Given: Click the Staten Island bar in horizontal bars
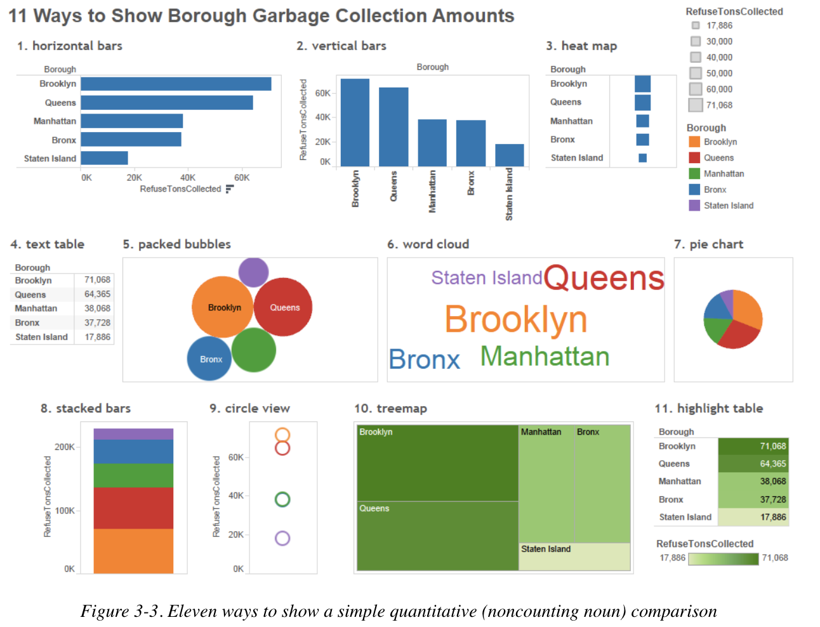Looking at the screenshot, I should click(104, 158).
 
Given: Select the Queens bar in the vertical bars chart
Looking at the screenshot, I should click(393, 127).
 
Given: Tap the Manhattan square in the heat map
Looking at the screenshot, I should click(642, 121).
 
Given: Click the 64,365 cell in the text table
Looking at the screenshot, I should click(97, 294).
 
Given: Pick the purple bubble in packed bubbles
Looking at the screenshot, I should click(253, 272).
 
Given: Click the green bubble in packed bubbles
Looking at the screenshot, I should click(253, 350).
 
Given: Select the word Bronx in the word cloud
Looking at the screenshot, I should click(424, 359).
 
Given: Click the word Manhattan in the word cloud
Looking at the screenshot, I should click(545, 356).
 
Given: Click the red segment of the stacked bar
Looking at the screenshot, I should click(133, 508).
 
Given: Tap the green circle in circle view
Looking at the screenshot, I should click(282, 499).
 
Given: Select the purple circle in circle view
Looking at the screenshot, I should click(282, 538).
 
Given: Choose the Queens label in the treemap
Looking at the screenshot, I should click(374, 508).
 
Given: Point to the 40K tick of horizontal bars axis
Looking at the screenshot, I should click(188, 178).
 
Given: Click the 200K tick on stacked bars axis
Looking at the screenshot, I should click(65, 447).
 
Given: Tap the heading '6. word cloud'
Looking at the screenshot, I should click(428, 244).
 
